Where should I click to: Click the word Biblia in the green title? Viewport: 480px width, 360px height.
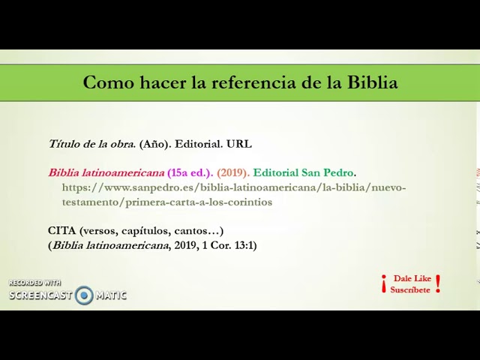[x=372, y=82]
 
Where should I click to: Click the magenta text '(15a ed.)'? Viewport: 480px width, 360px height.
[x=190, y=172]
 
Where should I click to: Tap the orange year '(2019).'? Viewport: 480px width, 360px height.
[x=233, y=172]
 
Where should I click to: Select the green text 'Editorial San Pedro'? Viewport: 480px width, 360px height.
[x=303, y=172]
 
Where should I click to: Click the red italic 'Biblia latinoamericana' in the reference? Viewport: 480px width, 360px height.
[x=106, y=172]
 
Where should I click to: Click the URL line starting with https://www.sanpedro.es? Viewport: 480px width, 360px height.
[x=234, y=187]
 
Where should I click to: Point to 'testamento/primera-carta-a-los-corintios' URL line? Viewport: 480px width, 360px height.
[x=167, y=202]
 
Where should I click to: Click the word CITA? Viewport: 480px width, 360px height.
[x=62, y=230]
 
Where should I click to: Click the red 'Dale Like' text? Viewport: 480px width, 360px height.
[x=412, y=278]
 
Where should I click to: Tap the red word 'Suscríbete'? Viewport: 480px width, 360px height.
[x=410, y=289]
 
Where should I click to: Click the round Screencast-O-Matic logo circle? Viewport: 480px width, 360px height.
[x=84, y=295]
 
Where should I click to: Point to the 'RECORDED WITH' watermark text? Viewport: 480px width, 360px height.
[x=34, y=283]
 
